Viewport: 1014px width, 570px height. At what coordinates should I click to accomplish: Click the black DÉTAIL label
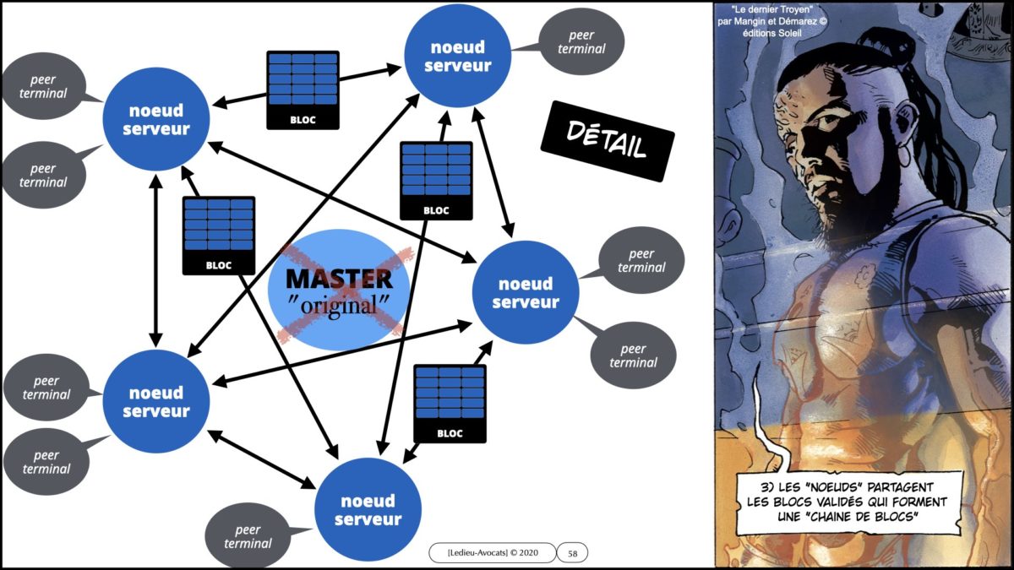point(607,141)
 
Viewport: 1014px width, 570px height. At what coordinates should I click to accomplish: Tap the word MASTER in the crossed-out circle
point(338,280)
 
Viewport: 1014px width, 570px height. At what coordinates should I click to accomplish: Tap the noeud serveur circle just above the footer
point(368,510)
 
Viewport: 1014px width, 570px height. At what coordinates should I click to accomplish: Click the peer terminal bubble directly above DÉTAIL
point(581,41)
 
